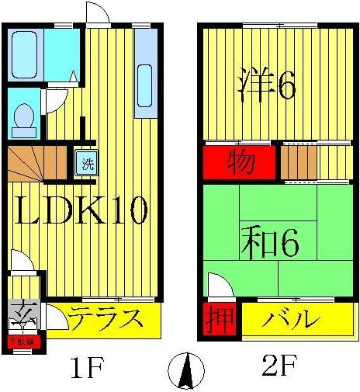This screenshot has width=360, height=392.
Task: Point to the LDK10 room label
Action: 79,210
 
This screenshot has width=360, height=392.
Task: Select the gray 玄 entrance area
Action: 26,317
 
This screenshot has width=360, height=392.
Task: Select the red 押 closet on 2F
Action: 217,319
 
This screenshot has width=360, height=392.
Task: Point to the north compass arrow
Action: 185,370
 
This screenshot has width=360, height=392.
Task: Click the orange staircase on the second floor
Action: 297,161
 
